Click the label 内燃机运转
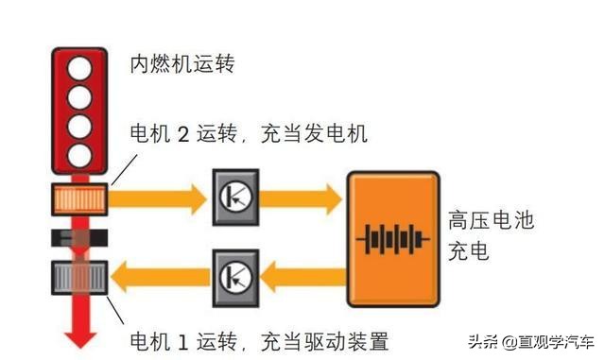click(181, 66)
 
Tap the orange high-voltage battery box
click(391, 237)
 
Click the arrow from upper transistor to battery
click(299, 197)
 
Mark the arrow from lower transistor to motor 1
click(161, 277)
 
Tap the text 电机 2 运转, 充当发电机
click(249, 134)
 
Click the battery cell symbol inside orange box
click(391, 238)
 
